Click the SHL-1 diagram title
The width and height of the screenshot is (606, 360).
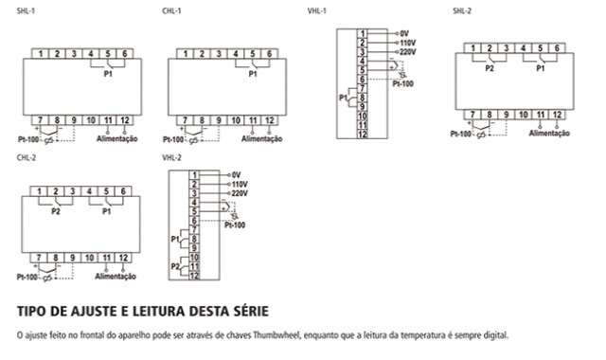pos(26,10)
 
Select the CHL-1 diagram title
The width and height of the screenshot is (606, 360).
pos(171,10)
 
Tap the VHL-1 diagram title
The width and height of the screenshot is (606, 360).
pos(316,10)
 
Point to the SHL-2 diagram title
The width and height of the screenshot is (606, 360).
pos(462,10)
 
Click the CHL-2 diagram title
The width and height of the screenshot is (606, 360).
pos(27,157)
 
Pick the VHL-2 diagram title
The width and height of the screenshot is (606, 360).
pos(171,157)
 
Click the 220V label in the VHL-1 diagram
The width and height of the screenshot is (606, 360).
pos(408,52)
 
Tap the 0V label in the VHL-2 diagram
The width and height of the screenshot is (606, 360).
pos(236,175)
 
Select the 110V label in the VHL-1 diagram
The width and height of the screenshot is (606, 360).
pos(408,43)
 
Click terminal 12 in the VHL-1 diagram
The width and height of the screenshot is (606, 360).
pos(362,135)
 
